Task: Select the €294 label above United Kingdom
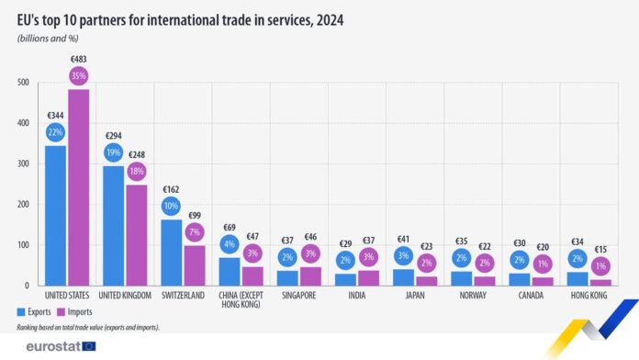coord(113,134)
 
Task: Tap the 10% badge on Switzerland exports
coord(171,206)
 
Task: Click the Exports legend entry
coord(34,313)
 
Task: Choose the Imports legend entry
coord(85,313)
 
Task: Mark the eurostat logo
coord(53,346)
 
